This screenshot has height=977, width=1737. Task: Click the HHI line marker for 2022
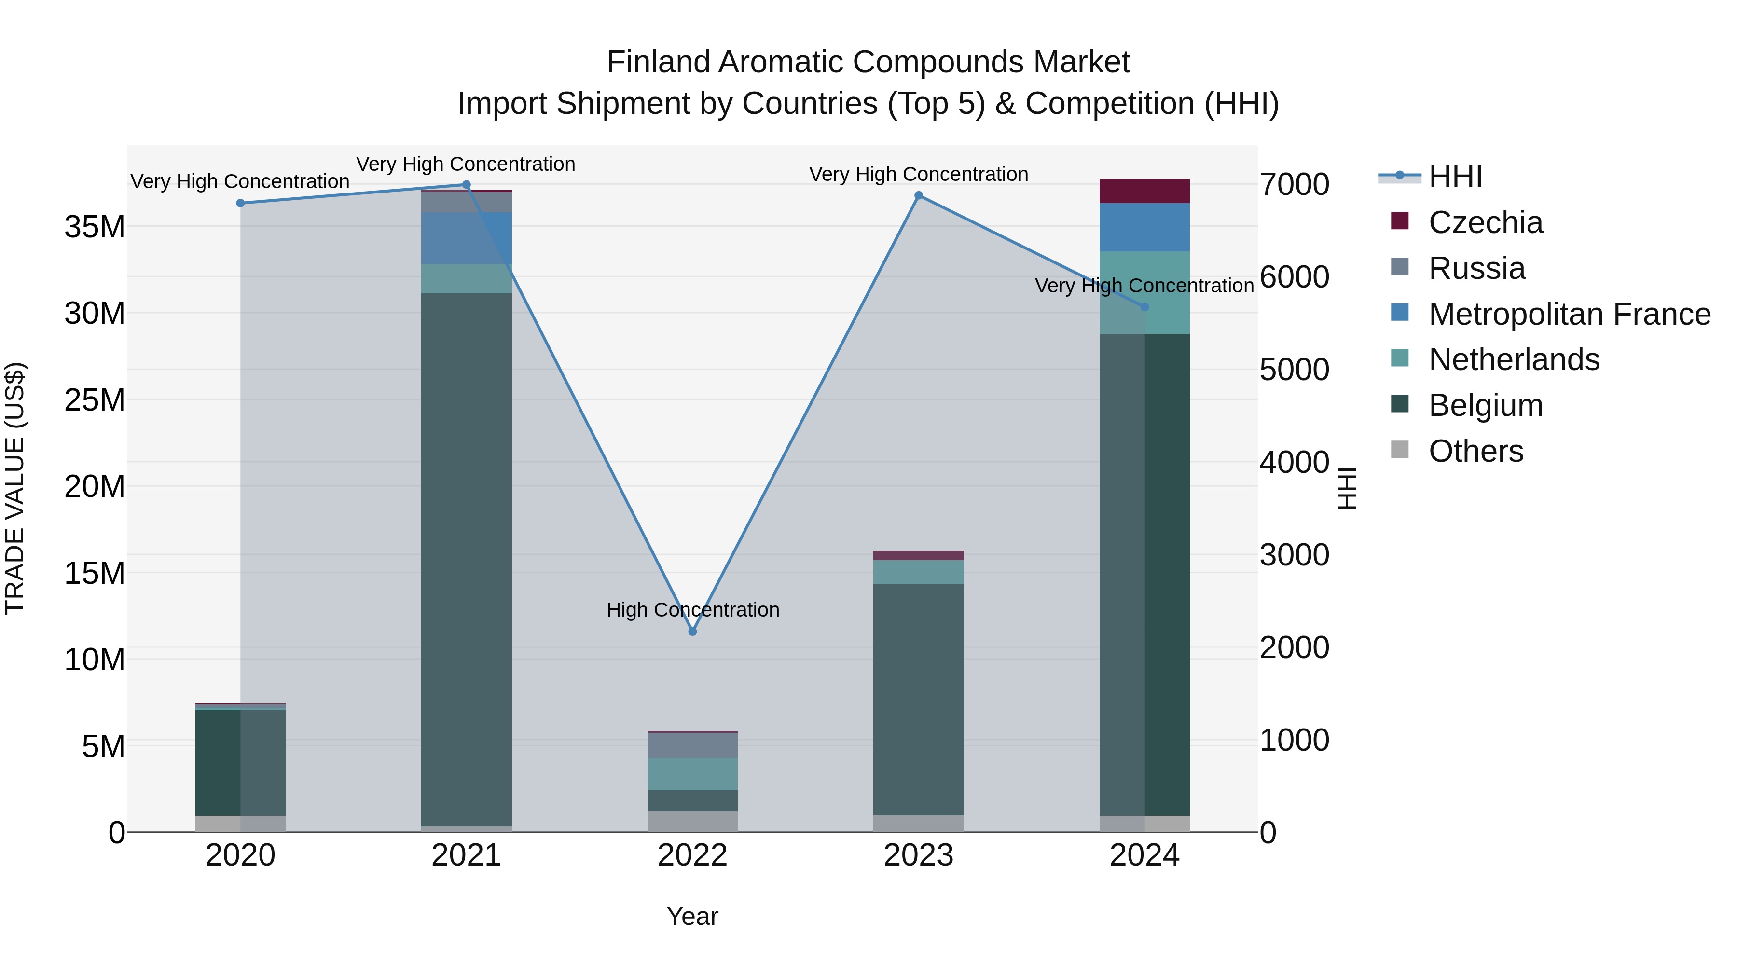click(692, 632)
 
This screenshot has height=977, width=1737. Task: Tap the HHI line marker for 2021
click(466, 185)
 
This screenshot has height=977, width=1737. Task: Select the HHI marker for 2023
click(918, 195)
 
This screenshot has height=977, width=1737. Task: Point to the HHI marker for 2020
click(240, 203)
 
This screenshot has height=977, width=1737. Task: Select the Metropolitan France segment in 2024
click(1144, 227)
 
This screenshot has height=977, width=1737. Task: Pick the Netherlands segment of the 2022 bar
click(692, 774)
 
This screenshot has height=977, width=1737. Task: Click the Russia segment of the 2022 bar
click(692, 745)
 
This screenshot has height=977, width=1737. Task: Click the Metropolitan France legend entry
click(1569, 314)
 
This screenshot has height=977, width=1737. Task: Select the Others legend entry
click(1475, 451)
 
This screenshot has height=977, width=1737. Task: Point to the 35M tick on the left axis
click(95, 227)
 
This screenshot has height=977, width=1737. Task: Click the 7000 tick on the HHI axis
click(1294, 185)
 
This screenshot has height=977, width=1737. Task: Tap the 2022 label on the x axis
click(692, 856)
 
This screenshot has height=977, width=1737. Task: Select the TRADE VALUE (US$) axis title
click(15, 488)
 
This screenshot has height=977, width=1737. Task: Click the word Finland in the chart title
click(658, 62)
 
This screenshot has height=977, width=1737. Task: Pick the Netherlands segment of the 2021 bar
click(466, 278)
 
